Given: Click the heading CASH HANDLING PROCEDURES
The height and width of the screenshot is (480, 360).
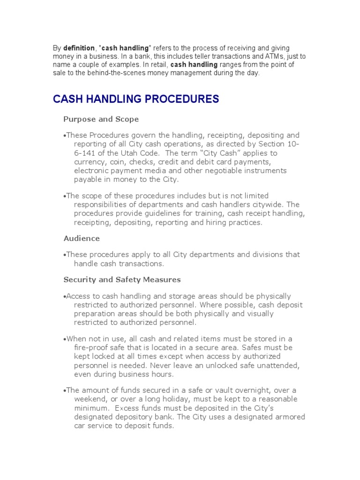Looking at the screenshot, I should click(135, 99).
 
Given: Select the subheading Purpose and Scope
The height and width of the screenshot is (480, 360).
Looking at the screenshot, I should click(101, 119).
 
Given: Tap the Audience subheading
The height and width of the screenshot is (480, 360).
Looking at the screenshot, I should click(82, 238).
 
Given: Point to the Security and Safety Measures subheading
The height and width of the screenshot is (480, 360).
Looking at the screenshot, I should click(122, 279).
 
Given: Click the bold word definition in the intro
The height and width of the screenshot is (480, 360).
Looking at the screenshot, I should click(79, 48).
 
